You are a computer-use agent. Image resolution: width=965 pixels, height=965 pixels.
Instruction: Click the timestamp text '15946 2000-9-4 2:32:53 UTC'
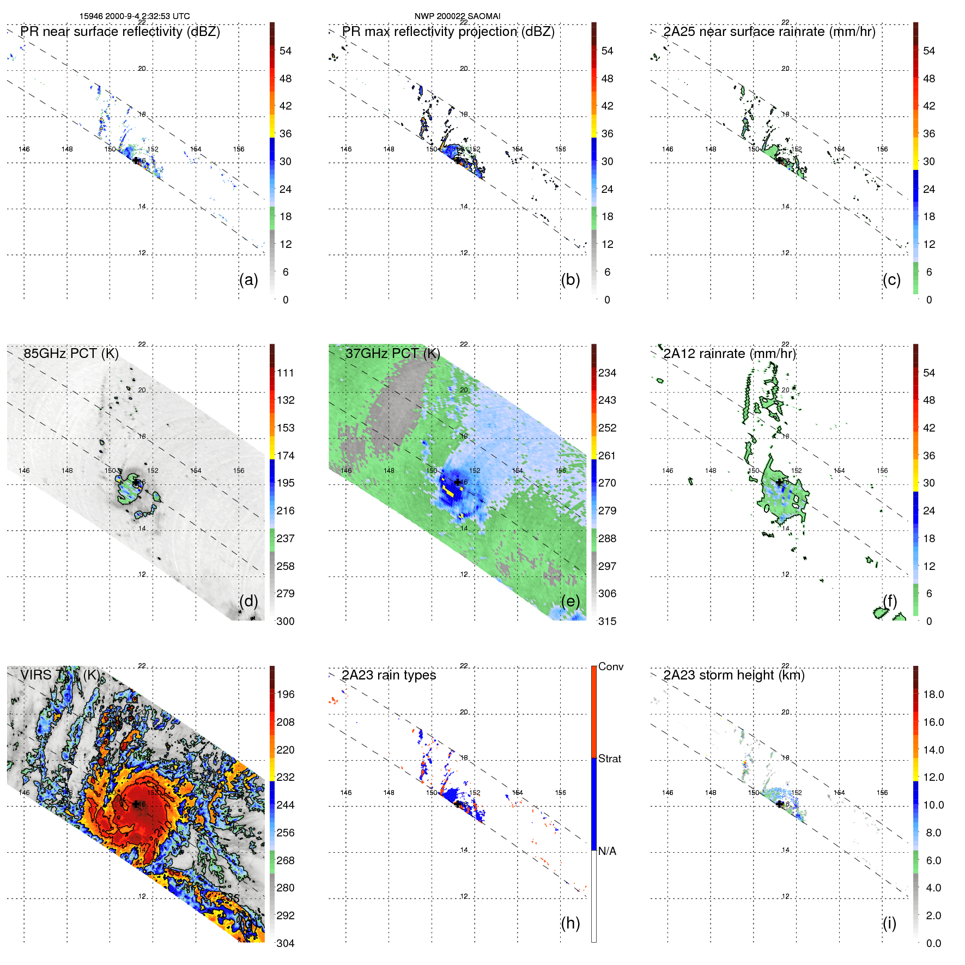click(x=135, y=16)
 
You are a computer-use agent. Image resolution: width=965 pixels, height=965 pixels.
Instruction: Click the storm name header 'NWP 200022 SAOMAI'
click(x=457, y=16)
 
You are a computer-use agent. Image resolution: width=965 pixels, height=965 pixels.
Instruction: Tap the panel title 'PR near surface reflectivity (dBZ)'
click(x=120, y=32)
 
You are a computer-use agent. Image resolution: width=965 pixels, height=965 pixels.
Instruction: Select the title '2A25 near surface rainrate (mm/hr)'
click(x=769, y=32)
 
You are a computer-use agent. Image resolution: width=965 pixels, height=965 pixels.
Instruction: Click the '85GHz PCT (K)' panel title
click(x=71, y=353)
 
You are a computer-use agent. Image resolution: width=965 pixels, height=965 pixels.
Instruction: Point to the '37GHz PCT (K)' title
click(x=392, y=353)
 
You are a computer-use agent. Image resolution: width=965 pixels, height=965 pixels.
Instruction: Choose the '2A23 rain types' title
click(x=389, y=675)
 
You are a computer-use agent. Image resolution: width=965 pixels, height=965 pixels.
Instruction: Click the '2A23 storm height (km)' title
click(x=733, y=675)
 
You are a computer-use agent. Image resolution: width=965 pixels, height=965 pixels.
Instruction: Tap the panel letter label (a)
click(x=248, y=280)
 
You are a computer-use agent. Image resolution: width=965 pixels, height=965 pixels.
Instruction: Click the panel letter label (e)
click(x=570, y=601)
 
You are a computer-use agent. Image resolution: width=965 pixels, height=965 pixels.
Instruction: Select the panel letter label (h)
click(x=570, y=923)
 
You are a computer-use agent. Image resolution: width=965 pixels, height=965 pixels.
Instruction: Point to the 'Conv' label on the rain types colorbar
click(x=610, y=666)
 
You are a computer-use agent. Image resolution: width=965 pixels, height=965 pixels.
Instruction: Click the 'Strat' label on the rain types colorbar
click(x=609, y=758)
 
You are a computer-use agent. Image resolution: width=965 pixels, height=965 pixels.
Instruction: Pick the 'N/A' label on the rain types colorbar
click(x=607, y=851)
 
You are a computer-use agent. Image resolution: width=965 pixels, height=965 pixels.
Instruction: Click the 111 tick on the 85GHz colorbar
click(x=286, y=373)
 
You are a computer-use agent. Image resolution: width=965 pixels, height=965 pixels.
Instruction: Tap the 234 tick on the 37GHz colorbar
click(x=607, y=373)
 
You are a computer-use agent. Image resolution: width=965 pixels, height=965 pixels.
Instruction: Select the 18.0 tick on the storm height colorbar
click(x=933, y=694)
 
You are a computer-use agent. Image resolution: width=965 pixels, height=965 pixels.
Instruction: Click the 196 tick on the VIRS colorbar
click(x=286, y=694)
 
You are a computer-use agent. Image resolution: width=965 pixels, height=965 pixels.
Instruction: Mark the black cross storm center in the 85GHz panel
click(x=136, y=482)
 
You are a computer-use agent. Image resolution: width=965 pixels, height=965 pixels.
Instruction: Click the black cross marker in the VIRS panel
click(x=136, y=804)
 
